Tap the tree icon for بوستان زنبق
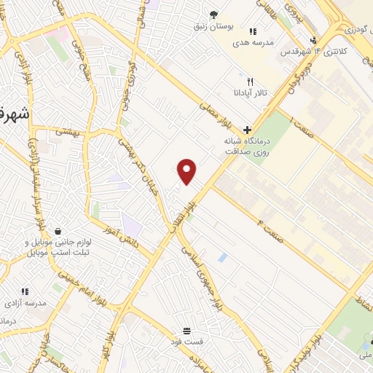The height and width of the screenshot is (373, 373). [x=213, y=14]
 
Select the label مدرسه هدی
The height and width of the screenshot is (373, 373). [x=253, y=43]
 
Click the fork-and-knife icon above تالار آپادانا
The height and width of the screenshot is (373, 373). [x=250, y=82]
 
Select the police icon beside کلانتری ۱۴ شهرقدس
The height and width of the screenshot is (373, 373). [x=313, y=40]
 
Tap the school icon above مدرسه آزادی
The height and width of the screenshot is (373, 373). [x=25, y=291]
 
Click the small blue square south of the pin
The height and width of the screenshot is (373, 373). [x=222, y=257]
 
